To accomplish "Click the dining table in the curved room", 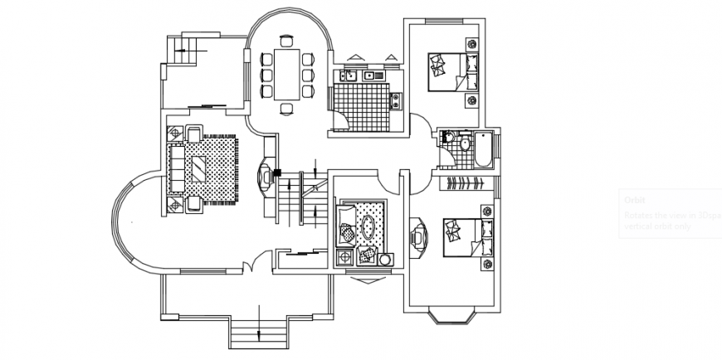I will (x=286, y=73).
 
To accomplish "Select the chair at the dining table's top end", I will (x=287, y=39).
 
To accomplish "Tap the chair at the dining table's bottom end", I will (x=287, y=109).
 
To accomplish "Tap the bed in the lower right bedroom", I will (x=465, y=235).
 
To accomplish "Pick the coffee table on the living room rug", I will (x=201, y=169).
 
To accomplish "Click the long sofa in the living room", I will (x=176, y=168).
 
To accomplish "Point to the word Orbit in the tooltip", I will (x=636, y=200).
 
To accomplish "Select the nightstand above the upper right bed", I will (x=471, y=44).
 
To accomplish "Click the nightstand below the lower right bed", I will (x=488, y=264).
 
